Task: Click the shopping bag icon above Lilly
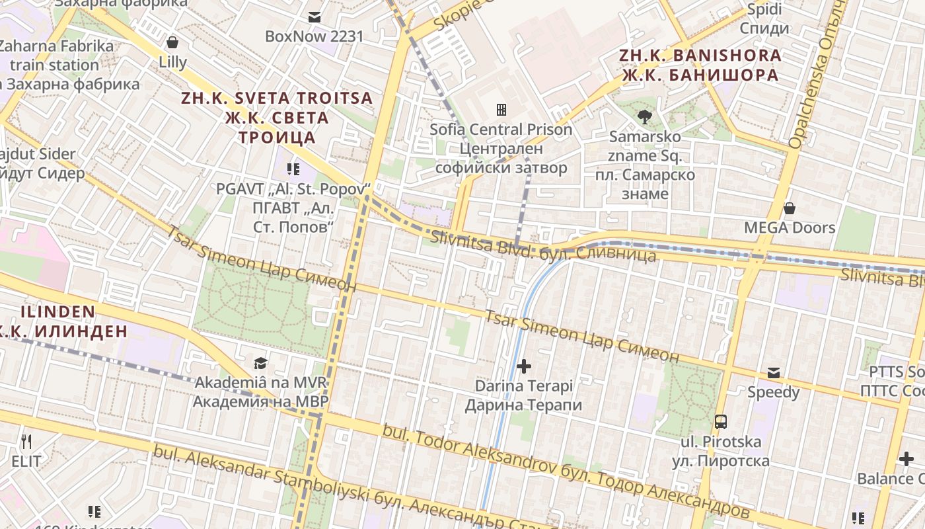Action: (172, 43)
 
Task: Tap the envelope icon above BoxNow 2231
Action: (314, 17)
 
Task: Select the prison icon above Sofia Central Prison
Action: (501, 109)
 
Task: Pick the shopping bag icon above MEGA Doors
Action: (789, 209)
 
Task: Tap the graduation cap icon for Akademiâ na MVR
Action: (260, 363)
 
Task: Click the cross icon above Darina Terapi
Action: (524, 366)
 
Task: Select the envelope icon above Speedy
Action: (773, 373)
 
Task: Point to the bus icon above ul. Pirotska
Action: (721, 422)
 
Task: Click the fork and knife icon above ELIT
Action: (26, 442)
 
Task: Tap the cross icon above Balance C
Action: (906, 458)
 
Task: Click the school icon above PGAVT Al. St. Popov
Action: (293, 169)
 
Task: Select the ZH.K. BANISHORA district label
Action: (700, 65)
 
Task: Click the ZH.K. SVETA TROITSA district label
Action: (277, 118)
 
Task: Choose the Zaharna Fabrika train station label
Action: (56, 65)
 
